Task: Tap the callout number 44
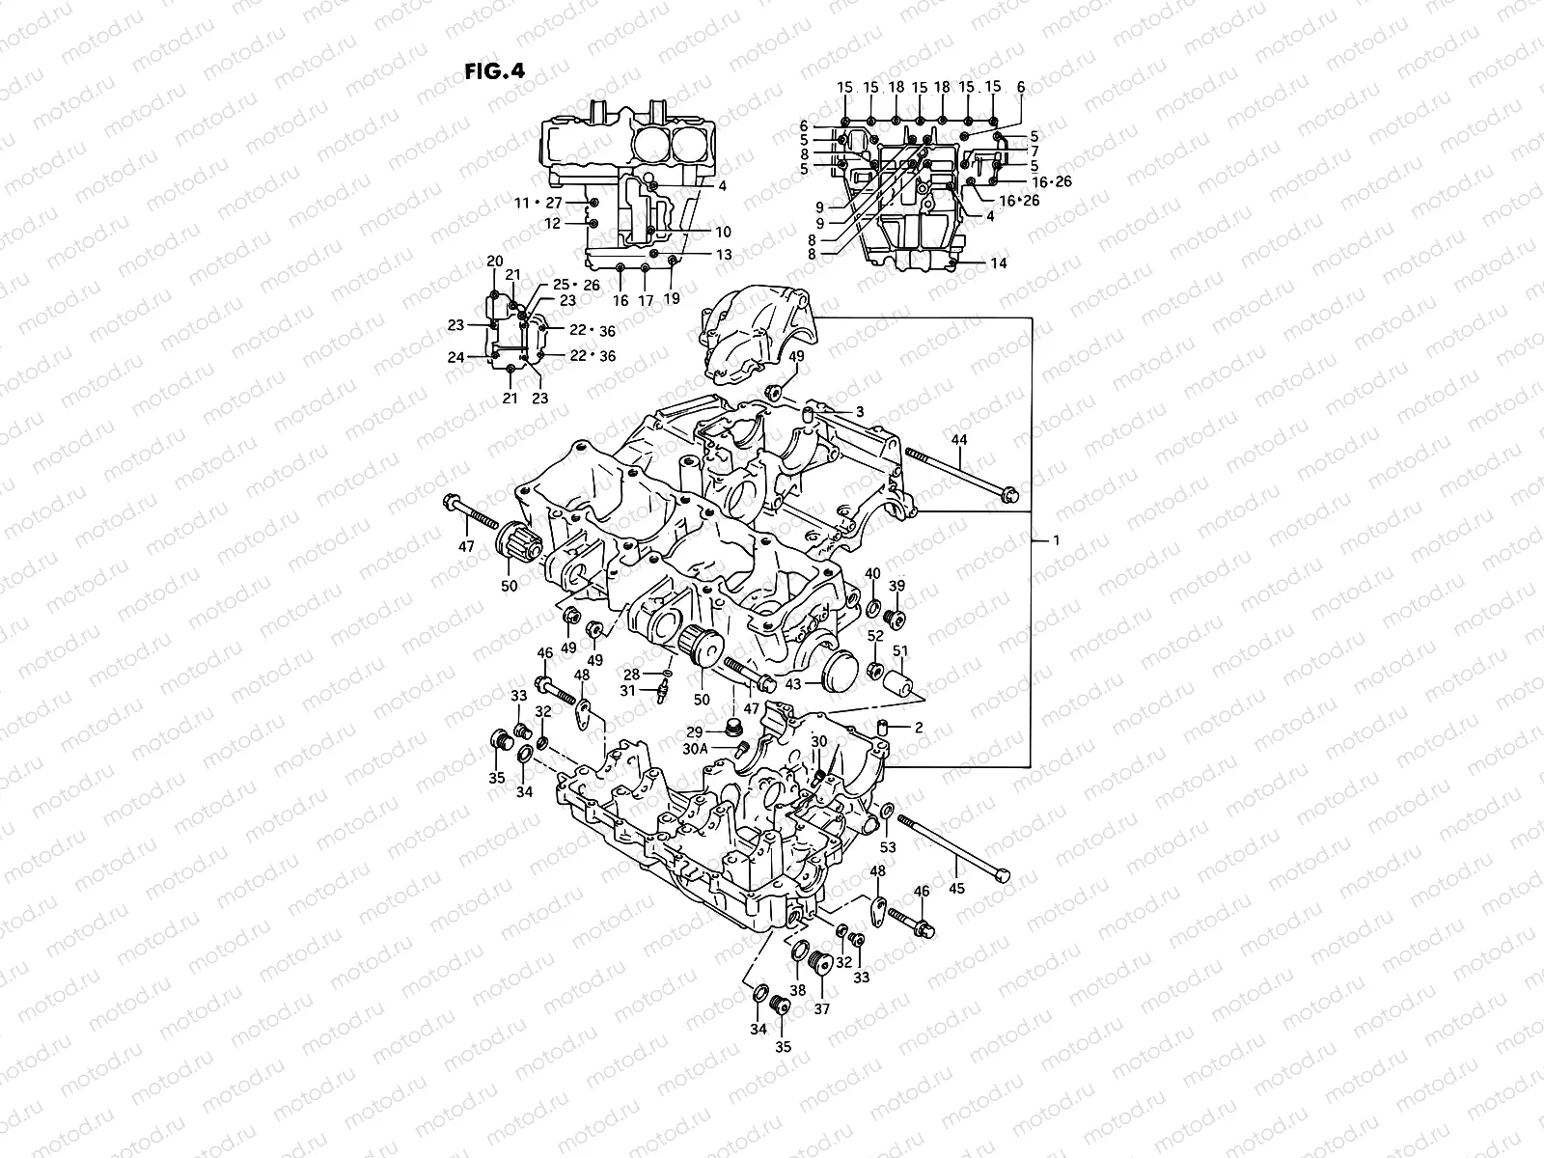click(958, 440)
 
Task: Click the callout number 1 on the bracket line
click(1056, 541)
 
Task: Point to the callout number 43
click(793, 683)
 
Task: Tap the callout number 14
click(998, 262)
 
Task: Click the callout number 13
click(724, 255)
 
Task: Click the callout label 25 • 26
click(575, 285)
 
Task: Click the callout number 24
click(456, 357)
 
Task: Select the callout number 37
click(821, 1009)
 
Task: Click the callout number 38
click(798, 989)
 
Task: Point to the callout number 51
click(899, 651)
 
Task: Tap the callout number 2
click(918, 728)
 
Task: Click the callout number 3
click(859, 411)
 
